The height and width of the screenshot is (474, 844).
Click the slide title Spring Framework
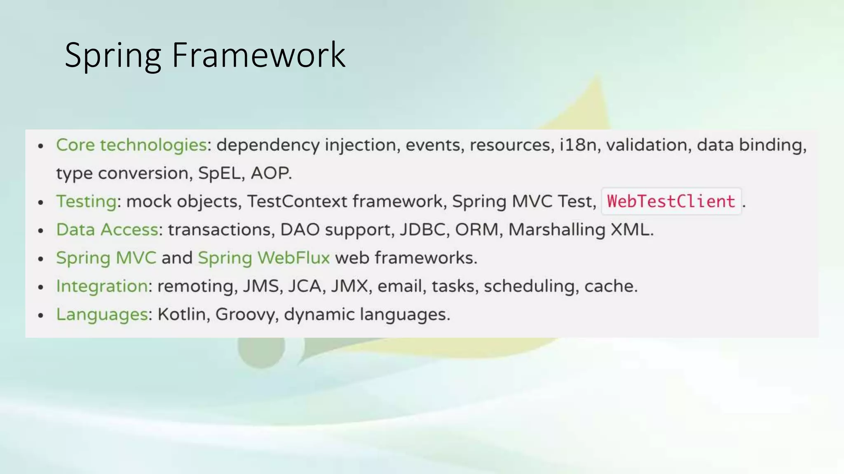coord(205,55)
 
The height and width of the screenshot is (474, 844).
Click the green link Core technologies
coord(131,145)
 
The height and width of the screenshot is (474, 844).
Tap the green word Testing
coord(87,202)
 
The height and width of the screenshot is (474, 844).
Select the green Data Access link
coord(107,230)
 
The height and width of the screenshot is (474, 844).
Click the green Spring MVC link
coord(106,258)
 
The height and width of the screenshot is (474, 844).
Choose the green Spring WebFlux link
coord(264,258)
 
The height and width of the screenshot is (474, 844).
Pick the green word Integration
coord(102,286)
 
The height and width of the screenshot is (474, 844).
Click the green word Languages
coord(102,314)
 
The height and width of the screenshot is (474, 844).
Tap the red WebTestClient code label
coord(671,202)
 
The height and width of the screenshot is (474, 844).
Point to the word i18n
coord(578,145)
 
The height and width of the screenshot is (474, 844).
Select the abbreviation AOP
coord(270,173)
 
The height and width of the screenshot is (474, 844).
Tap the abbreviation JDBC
coord(422,230)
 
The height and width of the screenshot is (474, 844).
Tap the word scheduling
coord(529,286)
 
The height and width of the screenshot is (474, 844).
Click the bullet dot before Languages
coord(40,316)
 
